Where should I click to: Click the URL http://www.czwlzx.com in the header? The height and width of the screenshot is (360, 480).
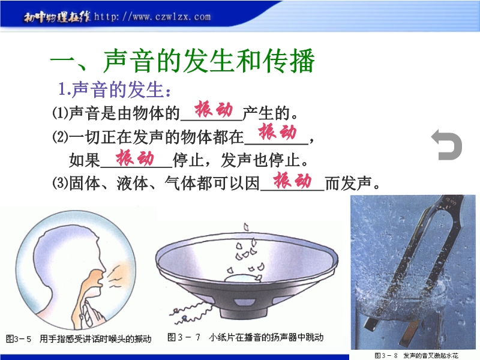(152, 16)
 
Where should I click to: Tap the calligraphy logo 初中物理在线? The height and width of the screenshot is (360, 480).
(57, 17)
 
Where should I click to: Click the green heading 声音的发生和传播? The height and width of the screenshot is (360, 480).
(208, 61)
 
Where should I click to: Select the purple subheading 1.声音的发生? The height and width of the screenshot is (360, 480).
(114, 90)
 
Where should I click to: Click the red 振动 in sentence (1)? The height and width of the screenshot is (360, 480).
(214, 109)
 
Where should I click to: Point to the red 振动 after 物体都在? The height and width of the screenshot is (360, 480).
(277, 132)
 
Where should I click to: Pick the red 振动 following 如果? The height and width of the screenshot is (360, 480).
(134, 158)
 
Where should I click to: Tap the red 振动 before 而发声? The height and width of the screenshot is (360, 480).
(292, 181)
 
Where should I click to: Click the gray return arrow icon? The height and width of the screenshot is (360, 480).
(446, 145)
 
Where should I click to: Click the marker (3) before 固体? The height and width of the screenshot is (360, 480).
(60, 183)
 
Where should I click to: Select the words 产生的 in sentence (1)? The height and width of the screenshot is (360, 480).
(266, 113)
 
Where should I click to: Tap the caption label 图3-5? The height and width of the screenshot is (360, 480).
(19, 339)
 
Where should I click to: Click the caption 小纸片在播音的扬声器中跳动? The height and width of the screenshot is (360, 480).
(266, 337)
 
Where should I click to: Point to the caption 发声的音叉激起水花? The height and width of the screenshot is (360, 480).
(431, 355)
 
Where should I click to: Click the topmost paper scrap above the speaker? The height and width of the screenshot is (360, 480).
(246, 227)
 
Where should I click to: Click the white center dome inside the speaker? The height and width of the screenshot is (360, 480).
(242, 278)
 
